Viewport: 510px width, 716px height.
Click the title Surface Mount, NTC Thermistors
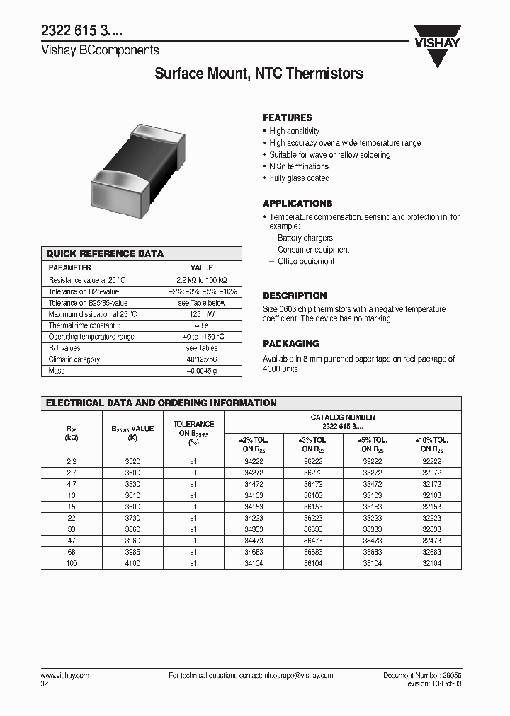(x=259, y=74)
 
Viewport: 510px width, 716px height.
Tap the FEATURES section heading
(x=287, y=117)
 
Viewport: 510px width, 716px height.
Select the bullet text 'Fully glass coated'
(x=299, y=178)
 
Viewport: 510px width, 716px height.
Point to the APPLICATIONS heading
(x=297, y=203)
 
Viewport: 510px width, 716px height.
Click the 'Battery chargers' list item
(x=305, y=238)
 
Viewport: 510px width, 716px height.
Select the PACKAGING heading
(x=290, y=343)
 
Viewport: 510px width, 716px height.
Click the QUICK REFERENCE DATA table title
(x=104, y=253)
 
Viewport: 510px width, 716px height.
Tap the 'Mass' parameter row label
(x=56, y=371)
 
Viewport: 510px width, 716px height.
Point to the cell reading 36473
(x=312, y=540)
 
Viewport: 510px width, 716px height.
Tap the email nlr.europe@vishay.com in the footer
(x=298, y=676)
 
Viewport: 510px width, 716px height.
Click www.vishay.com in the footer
(x=64, y=676)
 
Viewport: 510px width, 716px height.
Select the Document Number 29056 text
(x=421, y=676)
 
